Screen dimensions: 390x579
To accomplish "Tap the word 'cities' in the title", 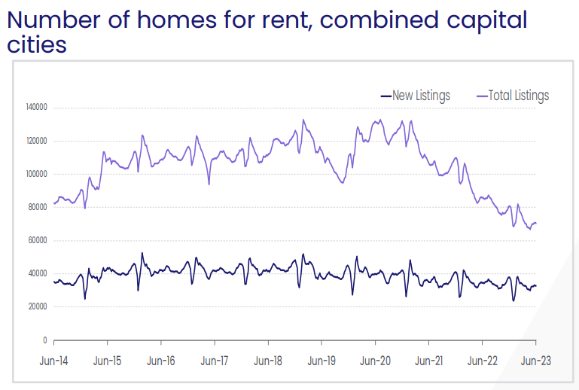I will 37,44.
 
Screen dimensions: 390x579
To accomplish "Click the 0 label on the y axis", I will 45,340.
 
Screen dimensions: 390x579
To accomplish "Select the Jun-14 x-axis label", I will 54,361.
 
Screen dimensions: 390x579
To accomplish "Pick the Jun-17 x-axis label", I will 215,361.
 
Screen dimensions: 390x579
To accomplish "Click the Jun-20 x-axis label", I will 375,361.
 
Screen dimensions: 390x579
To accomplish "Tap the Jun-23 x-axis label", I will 535,361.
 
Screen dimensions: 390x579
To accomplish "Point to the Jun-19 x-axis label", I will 321,361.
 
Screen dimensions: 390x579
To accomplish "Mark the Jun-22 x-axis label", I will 482,361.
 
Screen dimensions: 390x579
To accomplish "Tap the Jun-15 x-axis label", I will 108,361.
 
